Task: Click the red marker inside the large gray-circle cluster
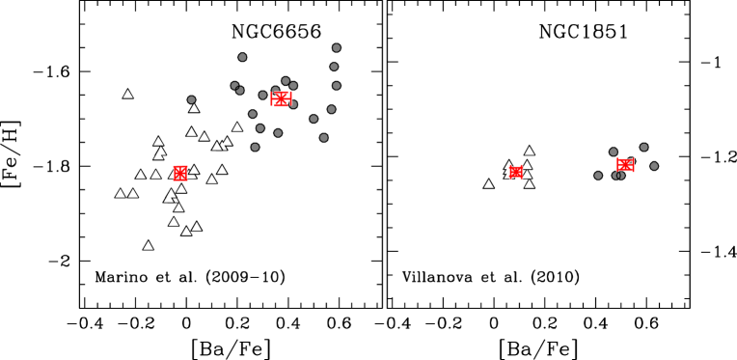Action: (281, 98)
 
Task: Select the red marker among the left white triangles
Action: (180, 173)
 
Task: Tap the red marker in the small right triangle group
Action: (516, 172)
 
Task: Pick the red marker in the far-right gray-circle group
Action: (625, 165)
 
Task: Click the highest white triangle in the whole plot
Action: (127, 95)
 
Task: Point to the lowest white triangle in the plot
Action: (148, 246)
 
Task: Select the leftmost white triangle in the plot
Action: (121, 194)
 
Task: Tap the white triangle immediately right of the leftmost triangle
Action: (133, 194)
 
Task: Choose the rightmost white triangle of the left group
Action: (237, 127)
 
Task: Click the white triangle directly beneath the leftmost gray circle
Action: (194, 108)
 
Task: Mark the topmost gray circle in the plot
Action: (337, 47)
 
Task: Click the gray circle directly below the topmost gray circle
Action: (334, 67)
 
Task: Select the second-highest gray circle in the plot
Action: (242, 57)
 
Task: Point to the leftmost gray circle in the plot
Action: (191, 99)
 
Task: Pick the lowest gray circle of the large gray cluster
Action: (255, 148)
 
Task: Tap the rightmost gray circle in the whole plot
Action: (654, 166)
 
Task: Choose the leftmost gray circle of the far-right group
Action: (598, 176)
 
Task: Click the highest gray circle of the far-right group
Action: (643, 148)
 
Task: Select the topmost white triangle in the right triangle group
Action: (530, 152)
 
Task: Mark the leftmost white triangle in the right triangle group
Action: (489, 184)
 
